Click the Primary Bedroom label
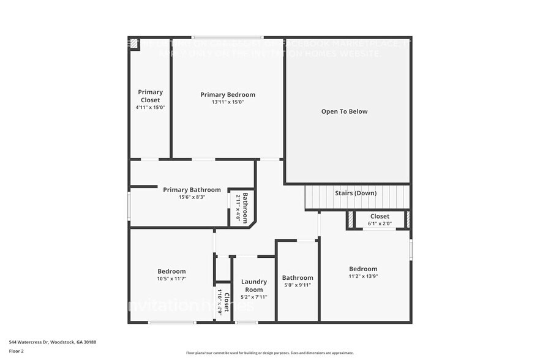(228, 95)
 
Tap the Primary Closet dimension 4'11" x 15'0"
(150, 107)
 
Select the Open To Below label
(345, 111)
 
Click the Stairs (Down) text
(356, 193)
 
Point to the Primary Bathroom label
(192, 190)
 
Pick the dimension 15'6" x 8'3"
(192, 197)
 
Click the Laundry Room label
(254, 286)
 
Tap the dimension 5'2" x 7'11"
(254, 297)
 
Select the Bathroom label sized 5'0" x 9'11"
(298, 278)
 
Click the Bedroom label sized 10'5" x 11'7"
(171, 271)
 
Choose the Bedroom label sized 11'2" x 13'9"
(363, 269)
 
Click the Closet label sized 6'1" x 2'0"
(380, 216)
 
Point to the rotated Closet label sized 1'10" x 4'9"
(226, 302)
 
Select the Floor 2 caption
(17, 350)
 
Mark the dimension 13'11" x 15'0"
(228, 102)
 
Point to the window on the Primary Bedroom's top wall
(228, 37)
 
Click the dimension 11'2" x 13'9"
(363, 276)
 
